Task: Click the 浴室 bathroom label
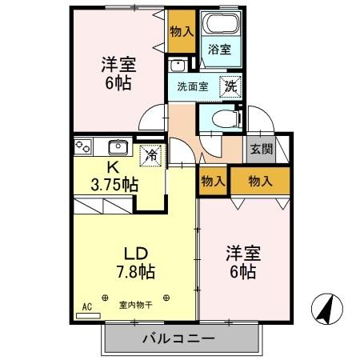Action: coord(219,50)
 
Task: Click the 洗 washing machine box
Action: coord(230,86)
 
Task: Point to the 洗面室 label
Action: coord(193,87)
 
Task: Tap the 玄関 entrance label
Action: coord(259,149)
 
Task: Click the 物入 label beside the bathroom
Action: coord(182,32)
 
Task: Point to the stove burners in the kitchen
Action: coord(83,146)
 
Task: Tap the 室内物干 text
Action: coord(134,304)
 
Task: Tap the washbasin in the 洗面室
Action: coord(179,66)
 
